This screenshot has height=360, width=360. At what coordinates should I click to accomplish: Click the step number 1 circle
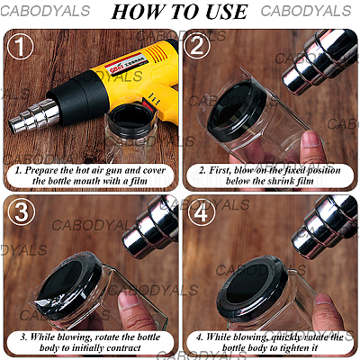click(20, 46)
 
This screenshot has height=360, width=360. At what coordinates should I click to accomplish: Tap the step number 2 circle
click(197, 46)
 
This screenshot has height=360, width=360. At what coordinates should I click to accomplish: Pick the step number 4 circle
click(202, 213)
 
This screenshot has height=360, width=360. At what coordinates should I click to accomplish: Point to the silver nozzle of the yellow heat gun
click(34, 117)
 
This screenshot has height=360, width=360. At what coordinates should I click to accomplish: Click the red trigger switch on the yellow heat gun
click(149, 103)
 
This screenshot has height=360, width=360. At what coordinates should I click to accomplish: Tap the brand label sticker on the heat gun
click(128, 64)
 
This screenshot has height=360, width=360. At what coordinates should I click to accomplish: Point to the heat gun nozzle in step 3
click(151, 227)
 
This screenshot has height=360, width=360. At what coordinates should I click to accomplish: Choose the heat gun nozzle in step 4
click(322, 229)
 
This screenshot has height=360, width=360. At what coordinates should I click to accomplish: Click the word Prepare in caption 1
click(41, 171)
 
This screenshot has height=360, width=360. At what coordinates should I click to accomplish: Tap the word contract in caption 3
click(123, 348)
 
